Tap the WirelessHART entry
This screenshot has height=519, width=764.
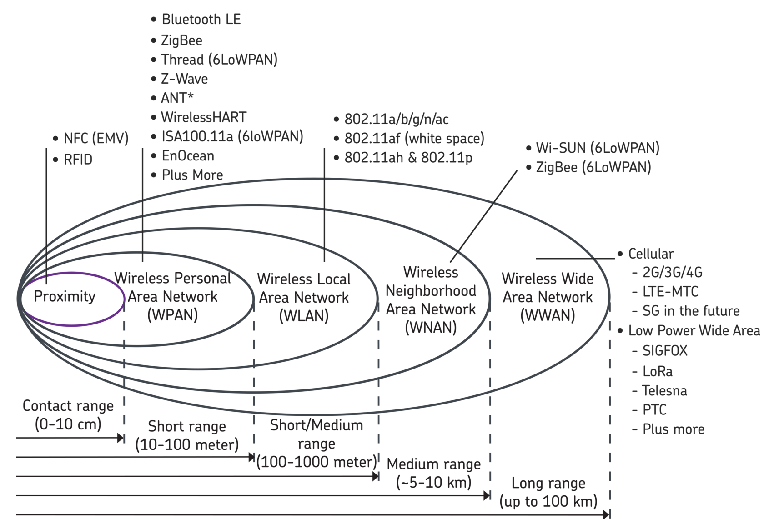coord(204,117)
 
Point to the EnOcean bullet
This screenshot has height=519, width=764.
coord(187,156)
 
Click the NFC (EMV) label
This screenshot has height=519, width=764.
coord(96,139)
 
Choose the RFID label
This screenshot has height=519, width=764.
coord(78,160)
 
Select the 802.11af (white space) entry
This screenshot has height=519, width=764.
coord(414,138)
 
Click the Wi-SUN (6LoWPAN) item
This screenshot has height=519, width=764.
coord(597,148)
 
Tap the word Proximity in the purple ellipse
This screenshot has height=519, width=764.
coord(65,297)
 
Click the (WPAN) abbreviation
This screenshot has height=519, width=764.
coord(173,315)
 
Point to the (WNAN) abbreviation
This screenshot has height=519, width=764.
coord(431,327)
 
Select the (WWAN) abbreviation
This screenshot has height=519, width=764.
coord(548,315)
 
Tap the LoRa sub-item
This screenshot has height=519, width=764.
coord(658,371)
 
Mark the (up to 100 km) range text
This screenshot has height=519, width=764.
coord(548,502)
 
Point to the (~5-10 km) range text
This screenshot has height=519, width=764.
coord(434,483)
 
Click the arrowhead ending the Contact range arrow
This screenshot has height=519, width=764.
coord(121,438)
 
